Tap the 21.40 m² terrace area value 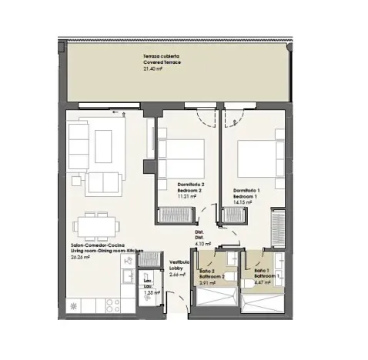click(x=153, y=68)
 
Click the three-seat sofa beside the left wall click(x=78, y=145)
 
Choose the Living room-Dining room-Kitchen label click(x=107, y=252)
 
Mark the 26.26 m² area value click(x=81, y=258)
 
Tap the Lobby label click(x=177, y=268)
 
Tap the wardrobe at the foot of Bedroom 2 click(x=178, y=215)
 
